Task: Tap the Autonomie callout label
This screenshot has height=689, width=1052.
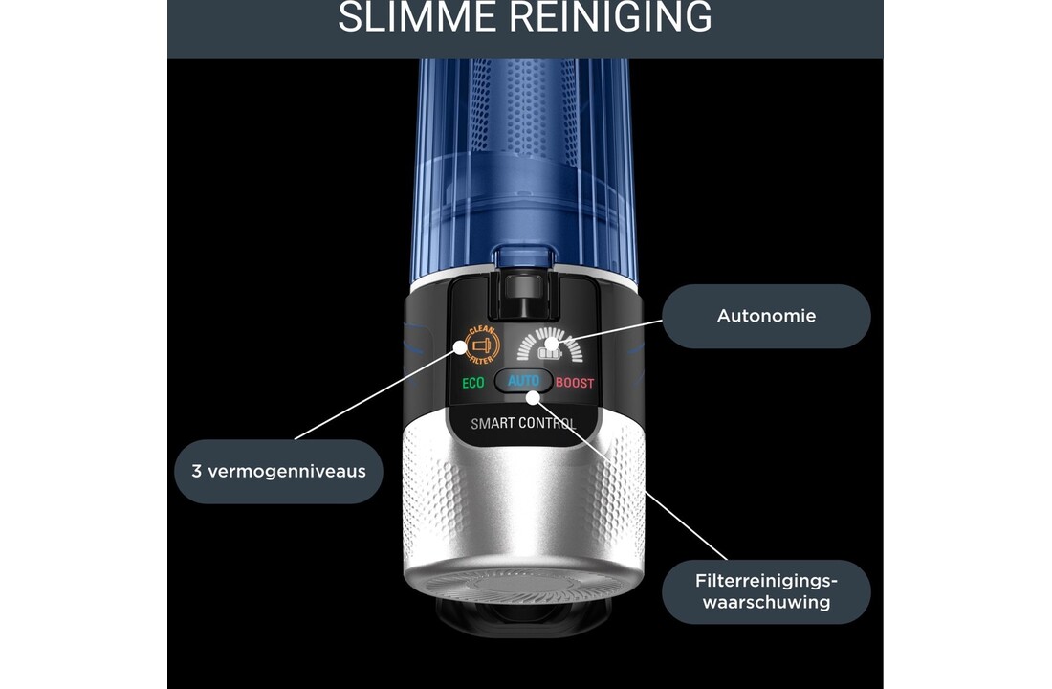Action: pyautogui.click(x=766, y=315)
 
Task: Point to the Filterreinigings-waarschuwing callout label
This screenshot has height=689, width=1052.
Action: pyautogui.click(x=766, y=591)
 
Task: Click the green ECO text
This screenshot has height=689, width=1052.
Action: pyautogui.click(x=473, y=383)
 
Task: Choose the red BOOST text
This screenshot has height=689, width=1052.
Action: pyautogui.click(x=575, y=383)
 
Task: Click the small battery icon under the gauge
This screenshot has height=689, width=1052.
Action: pyautogui.click(x=548, y=352)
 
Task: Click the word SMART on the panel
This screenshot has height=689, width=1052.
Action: pyautogui.click(x=493, y=423)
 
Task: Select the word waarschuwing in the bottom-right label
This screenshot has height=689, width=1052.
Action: pyautogui.click(x=766, y=603)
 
